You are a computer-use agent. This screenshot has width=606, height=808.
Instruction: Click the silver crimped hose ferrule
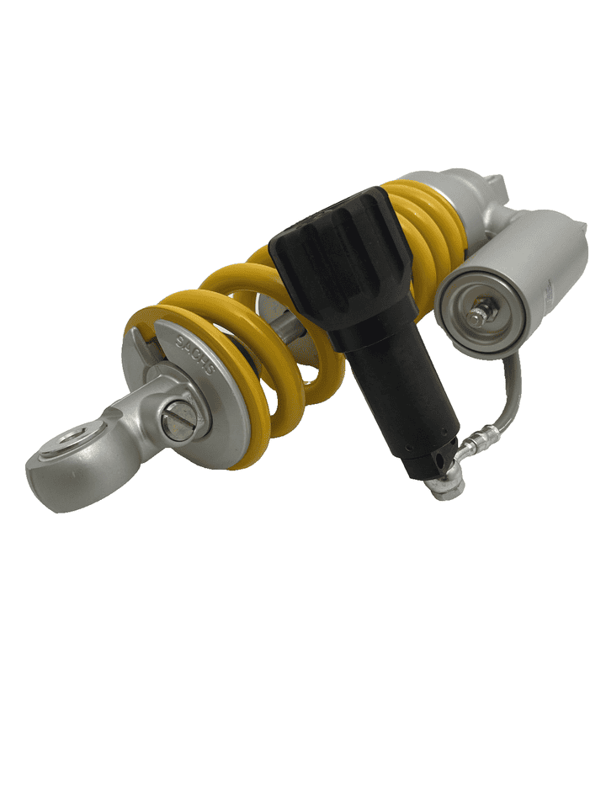477,435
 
